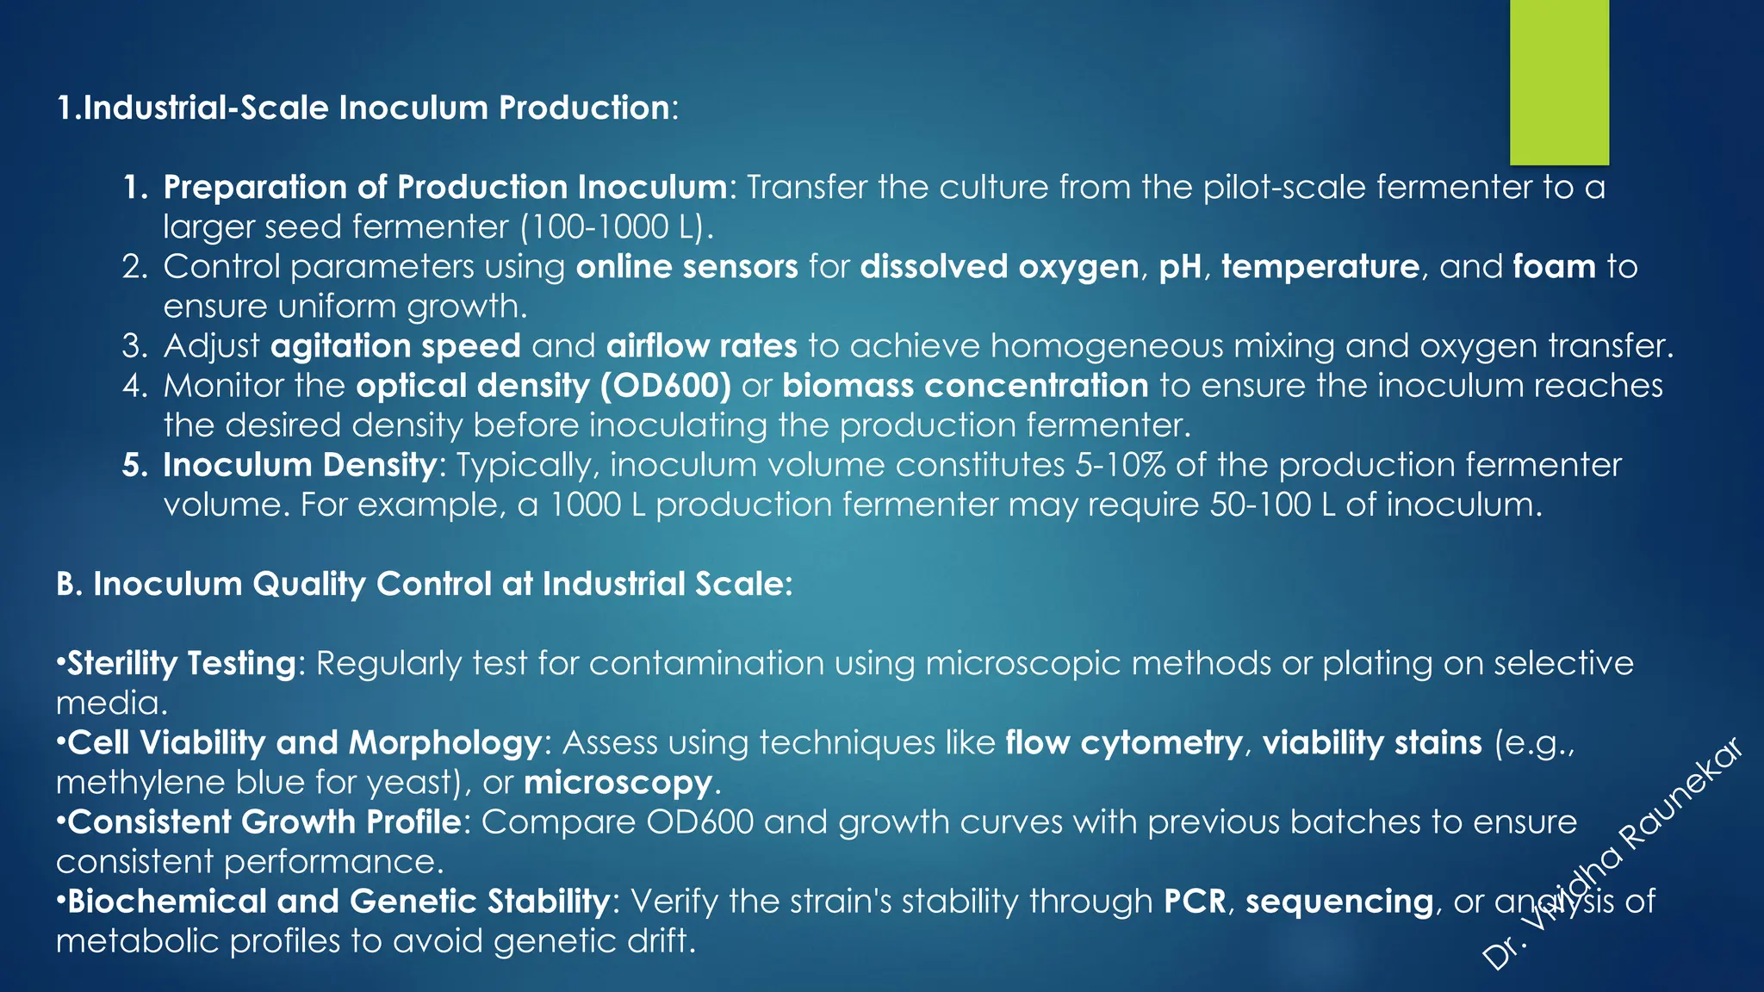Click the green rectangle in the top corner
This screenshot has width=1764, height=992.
tap(1559, 82)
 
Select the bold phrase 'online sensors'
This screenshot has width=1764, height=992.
tap(686, 267)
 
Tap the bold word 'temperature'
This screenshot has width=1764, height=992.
tap(1320, 267)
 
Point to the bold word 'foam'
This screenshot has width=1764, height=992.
tap(1554, 267)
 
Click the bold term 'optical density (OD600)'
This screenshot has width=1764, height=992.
tap(543, 386)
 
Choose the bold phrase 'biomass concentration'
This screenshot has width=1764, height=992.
tap(965, 386)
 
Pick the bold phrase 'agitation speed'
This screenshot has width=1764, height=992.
tap(395, 346)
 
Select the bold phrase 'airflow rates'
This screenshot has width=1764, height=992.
tap(701, 346)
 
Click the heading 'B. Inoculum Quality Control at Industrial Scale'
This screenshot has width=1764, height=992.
tap(424, 584)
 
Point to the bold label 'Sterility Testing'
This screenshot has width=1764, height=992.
tap(182, 664)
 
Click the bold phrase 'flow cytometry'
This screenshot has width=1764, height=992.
tap(1124, 742)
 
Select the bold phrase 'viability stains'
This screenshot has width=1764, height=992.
tap(1372, 742)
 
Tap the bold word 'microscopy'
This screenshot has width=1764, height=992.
tap(618, 783)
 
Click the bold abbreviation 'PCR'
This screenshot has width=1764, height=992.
tap(1195, 901)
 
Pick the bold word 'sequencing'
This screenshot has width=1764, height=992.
tap(1339, 901)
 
